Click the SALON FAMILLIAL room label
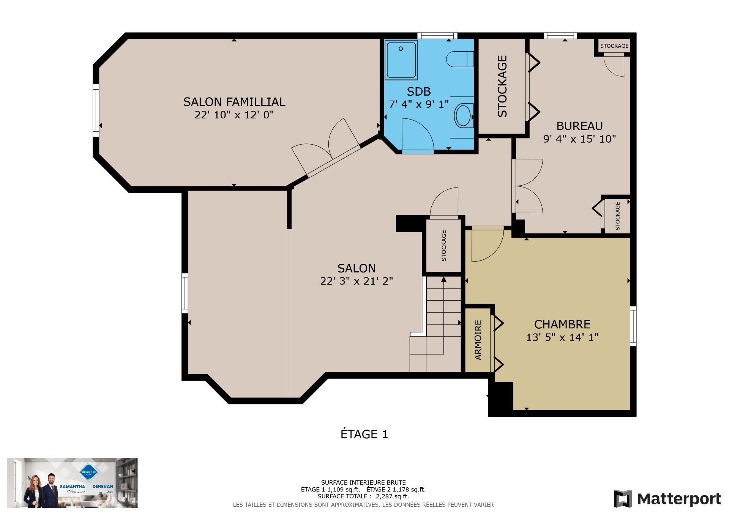point(234,102)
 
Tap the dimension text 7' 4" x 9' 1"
point(418,104)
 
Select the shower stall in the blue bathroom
point(401,60)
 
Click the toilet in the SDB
point(460,59)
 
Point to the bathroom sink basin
point(463,115)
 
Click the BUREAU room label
point(579,126)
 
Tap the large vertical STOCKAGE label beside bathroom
point(502,86)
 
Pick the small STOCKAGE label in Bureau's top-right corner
point(614,46)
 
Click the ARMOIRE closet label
point(478,340)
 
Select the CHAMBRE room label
point(562,324)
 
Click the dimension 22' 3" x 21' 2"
point(357,281)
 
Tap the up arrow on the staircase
point(443,280)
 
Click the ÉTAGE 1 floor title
point(364,434)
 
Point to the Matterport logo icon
point(623,499)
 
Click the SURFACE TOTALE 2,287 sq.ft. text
point(363,496)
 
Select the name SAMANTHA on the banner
point(73,487)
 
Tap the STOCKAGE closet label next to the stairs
point(443,246)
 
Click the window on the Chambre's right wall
point(633,326)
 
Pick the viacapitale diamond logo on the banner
point(88,472)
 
